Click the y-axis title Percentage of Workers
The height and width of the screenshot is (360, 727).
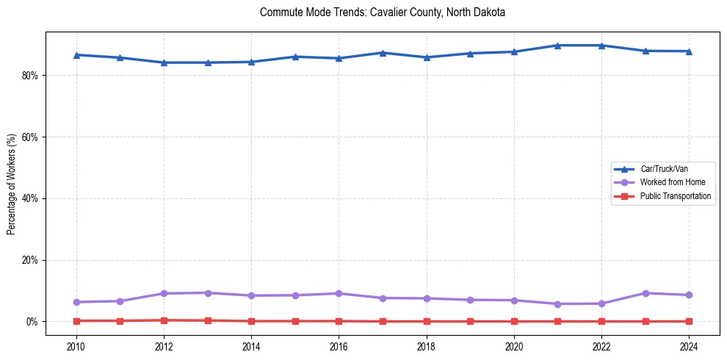click(11, 184)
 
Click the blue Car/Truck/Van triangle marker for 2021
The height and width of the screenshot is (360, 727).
click(557, 46)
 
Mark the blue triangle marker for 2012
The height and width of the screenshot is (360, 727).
click(164, 62)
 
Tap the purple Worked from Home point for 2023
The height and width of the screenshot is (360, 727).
click(645, 293)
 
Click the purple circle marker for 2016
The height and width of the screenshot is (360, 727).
click(339, 293)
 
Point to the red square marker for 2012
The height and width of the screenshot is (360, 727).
click(164, 320)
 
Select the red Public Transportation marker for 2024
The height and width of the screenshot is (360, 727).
click(689, 321)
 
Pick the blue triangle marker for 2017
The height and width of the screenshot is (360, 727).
click(383, 53)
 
